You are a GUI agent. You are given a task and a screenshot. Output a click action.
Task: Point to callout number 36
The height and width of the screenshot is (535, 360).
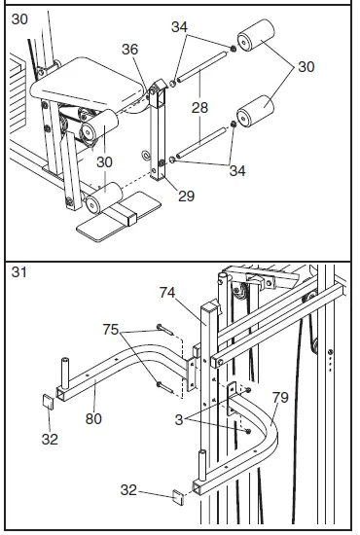tap(131, 50)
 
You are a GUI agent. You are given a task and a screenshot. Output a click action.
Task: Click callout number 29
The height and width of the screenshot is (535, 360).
tap(187, 196)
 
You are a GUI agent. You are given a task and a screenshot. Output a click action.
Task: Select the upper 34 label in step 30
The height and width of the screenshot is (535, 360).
tap(179, 27)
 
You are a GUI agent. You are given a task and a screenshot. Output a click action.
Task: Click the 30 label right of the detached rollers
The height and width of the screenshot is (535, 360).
tap(306, 67)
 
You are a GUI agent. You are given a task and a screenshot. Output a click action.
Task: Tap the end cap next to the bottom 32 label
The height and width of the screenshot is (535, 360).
tap(177, 498)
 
